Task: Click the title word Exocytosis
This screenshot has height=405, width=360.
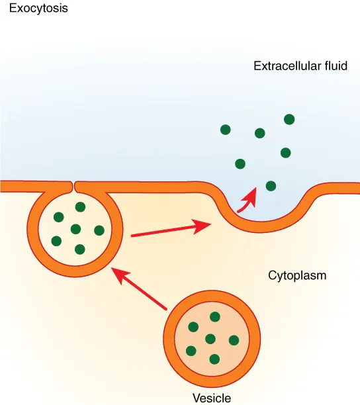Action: [x=38, y=9]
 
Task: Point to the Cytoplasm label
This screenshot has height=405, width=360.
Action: [x=297, y=275]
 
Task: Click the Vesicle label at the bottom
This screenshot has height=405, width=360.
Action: [x=211, y=398]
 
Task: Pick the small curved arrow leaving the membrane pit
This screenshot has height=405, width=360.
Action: [x=247, y=199]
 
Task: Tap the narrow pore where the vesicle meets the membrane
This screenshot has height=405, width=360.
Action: [x=73, y=184]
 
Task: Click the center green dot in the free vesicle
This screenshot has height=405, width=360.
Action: [x=210, y=339]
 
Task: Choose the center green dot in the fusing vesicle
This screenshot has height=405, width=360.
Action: [x=75, y=229]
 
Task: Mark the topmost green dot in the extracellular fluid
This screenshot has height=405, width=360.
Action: [x=289, y=119]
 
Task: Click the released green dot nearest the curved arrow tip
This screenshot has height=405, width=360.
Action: [x=270, y=185]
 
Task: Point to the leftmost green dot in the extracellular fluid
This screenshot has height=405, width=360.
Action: [x=226, y=130]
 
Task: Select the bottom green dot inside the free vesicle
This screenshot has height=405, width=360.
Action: [x=214, y=359]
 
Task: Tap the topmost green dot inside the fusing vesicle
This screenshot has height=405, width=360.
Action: [x=80, y=207]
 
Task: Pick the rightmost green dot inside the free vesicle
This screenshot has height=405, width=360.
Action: [x=234, y=340]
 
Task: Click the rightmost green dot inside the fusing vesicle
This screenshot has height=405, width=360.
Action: [x=99, y=230]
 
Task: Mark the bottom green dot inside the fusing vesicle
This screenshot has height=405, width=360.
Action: [x=80, y=249]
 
